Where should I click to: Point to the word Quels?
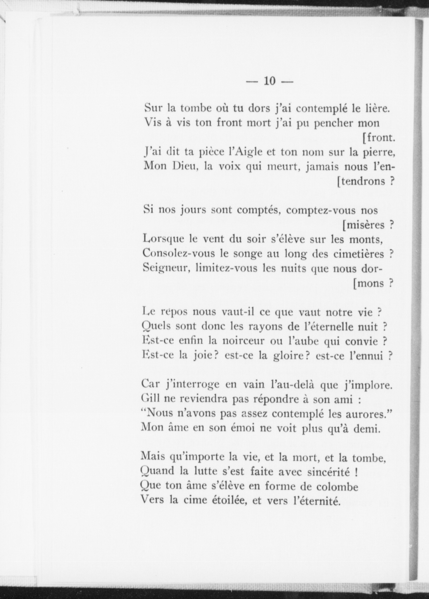point(156,327)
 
